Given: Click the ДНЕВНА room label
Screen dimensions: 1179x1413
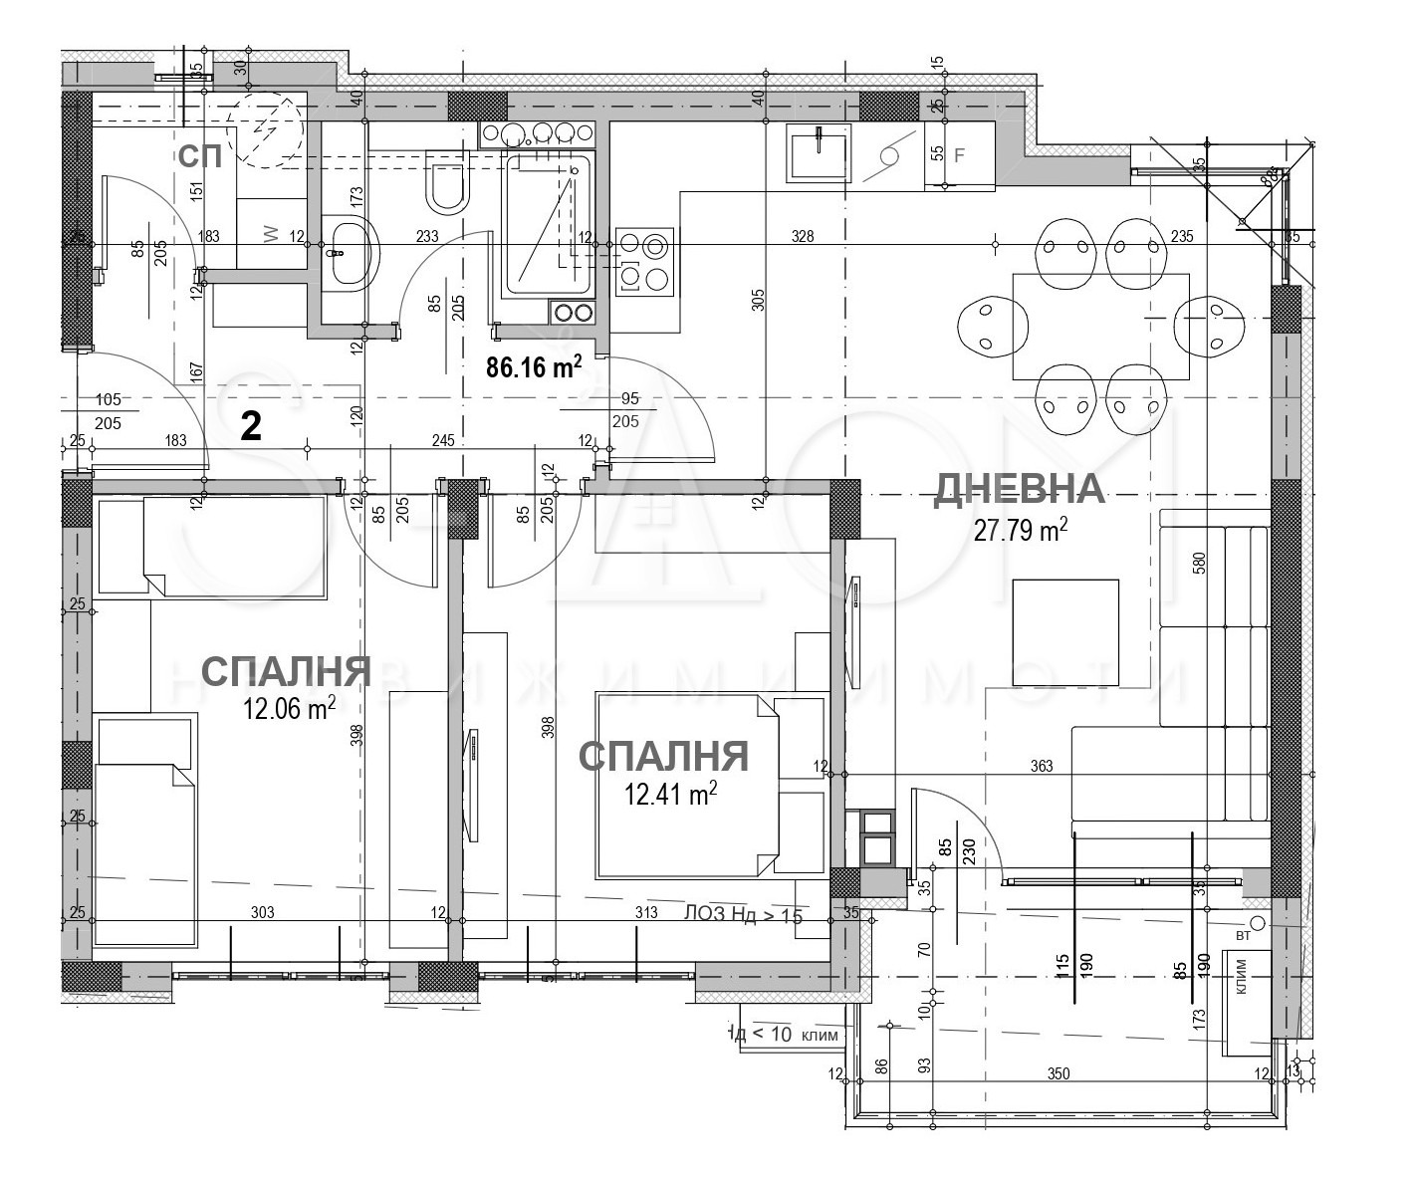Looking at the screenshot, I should click(x=1018, y=489).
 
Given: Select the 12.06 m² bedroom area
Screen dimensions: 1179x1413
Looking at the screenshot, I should click(x=289, y=709).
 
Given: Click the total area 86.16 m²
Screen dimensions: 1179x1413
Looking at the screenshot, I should click(x=534, y=367).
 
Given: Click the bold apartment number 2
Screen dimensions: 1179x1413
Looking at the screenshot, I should click(x=252, y=427).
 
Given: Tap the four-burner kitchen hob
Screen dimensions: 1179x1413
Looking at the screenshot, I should click(x=644, y=261).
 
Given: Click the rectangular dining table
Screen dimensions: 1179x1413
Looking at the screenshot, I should click(x=1099, y=327).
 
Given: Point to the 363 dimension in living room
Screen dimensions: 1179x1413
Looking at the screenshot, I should click(x=1042, y=767).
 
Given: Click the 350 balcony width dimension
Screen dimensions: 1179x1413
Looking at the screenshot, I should click(x=1058, y=1073).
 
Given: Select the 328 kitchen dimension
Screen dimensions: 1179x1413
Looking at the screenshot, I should click(x=803, y=237).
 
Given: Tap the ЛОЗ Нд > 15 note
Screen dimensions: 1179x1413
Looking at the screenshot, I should click(x=743, y=914).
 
